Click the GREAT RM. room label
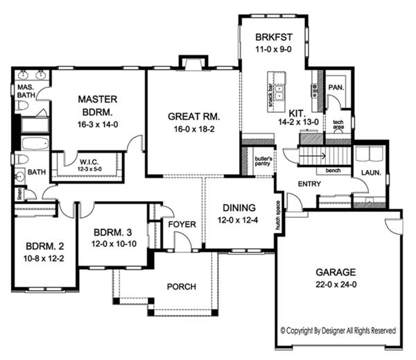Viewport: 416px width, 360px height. click(194, 117)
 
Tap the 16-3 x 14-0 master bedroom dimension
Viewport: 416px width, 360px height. click(98, 125)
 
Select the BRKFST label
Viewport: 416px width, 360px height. click(274, 37)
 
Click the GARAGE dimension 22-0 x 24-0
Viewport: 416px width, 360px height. click(336, 284)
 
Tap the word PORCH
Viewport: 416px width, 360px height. click(182, 286)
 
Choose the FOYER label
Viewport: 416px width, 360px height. click(182, 224)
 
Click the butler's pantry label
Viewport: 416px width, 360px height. click(263, 161)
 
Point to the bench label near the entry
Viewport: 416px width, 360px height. click(333, 171)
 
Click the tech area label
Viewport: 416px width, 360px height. click(338, 125)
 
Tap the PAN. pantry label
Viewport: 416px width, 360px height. click(336, 87)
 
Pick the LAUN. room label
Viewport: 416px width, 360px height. click(371, 173)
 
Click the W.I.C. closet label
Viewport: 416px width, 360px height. click(89, 162)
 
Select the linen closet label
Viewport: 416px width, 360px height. click(19, 194)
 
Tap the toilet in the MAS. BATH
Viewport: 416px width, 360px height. click(21, 105)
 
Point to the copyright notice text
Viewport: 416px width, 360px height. click(338, 331)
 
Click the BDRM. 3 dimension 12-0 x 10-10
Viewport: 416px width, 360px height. click(114, 243)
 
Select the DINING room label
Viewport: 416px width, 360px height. click(239, 208)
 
